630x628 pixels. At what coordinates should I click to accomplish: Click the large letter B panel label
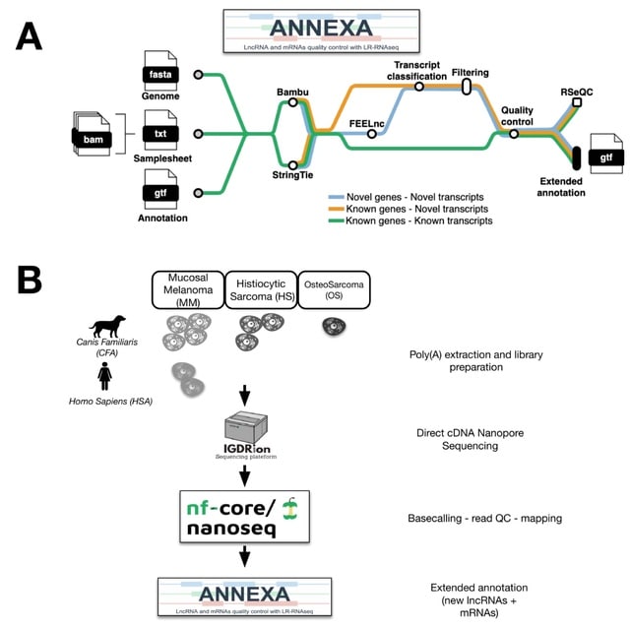point(31,282)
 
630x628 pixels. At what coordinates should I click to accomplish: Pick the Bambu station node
point(293,104)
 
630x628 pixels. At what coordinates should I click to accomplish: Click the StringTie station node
point(292,164)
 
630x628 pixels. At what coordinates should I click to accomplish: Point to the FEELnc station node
point(372,134)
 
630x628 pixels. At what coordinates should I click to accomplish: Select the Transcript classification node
point(419,87)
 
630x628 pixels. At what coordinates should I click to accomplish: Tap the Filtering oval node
point(467,87)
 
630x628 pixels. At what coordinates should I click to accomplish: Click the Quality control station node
point(514,134)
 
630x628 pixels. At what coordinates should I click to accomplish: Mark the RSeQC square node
point(577,101)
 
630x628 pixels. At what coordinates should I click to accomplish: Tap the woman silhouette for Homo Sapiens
point(105,375)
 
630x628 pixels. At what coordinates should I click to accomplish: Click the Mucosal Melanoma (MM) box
point(188,290)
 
